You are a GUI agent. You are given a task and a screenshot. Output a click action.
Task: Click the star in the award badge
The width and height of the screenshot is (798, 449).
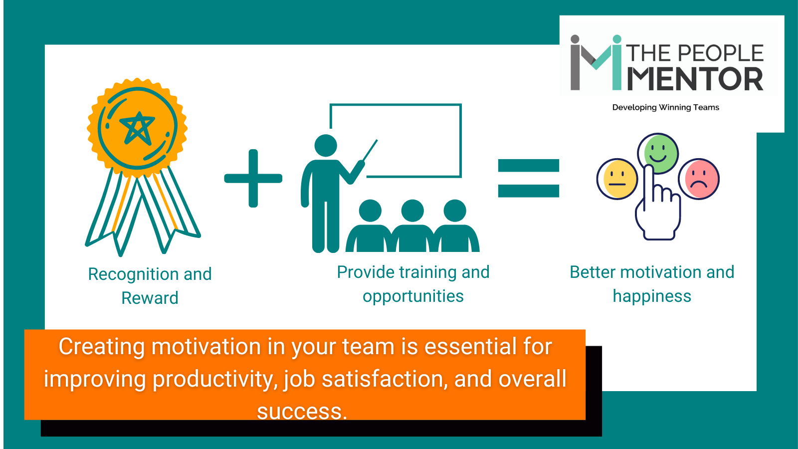[x=137, y=128]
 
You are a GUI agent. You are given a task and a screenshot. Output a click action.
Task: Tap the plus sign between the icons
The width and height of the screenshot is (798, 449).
[x=253, y=178]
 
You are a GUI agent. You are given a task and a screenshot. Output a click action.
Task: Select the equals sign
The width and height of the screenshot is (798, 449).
[x=529, y=178]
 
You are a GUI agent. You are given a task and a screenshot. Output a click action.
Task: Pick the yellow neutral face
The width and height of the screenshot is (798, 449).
[x=617, y=179]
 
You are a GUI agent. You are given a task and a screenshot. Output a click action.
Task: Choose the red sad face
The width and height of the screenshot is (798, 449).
[x=699, y=179]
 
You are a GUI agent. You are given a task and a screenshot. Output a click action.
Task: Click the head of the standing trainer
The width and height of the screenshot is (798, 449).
[x=326, y=145]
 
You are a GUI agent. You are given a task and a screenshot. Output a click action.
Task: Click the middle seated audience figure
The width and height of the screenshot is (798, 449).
[x=412, y=227]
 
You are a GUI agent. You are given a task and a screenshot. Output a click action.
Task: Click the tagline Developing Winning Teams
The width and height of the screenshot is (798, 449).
[x=665, y=107]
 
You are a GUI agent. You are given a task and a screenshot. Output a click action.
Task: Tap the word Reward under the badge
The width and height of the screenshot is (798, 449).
[x=150, y=298]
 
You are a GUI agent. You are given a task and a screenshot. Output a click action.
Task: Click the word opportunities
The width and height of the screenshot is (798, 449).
[x=413, y=296]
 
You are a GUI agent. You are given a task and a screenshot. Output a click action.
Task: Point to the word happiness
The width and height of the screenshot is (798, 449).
[x=652, y=296]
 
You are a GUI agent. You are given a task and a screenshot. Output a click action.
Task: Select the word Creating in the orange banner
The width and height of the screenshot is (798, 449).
[x=102, y=347]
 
